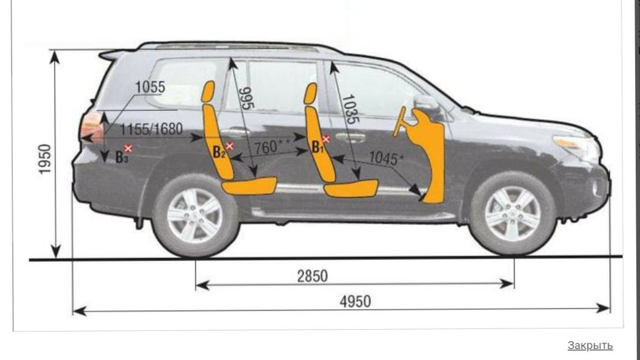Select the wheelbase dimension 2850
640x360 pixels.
(x=312, y=276)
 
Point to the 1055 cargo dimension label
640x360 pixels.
(x=150, y=87)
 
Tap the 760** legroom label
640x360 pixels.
(x=269, y=147)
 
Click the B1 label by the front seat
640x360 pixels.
(x=317, y=147)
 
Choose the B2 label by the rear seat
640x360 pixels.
(x=218, y=152)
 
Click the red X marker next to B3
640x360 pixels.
(x=128, y=148)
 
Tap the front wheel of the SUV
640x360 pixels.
(x=513, y=213)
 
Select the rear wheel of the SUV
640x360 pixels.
(x=195, y=216)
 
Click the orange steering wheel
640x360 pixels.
(x=400, y=122)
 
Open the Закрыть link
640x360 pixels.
(x=590, y=345)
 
